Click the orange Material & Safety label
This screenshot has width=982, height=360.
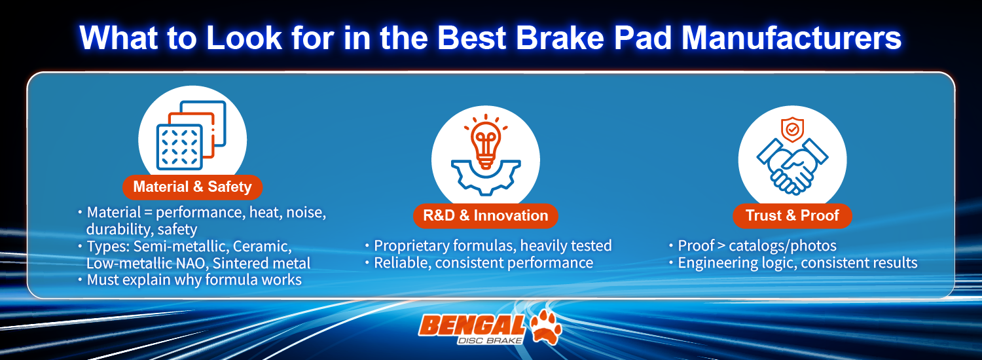point(192,187)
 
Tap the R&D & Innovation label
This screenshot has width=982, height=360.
point(485,216)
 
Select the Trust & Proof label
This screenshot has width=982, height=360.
point(792,216)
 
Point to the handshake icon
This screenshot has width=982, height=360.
point(792,164)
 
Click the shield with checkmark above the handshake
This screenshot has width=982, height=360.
point(792,129)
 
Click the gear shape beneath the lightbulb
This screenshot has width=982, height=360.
point(485,173)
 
